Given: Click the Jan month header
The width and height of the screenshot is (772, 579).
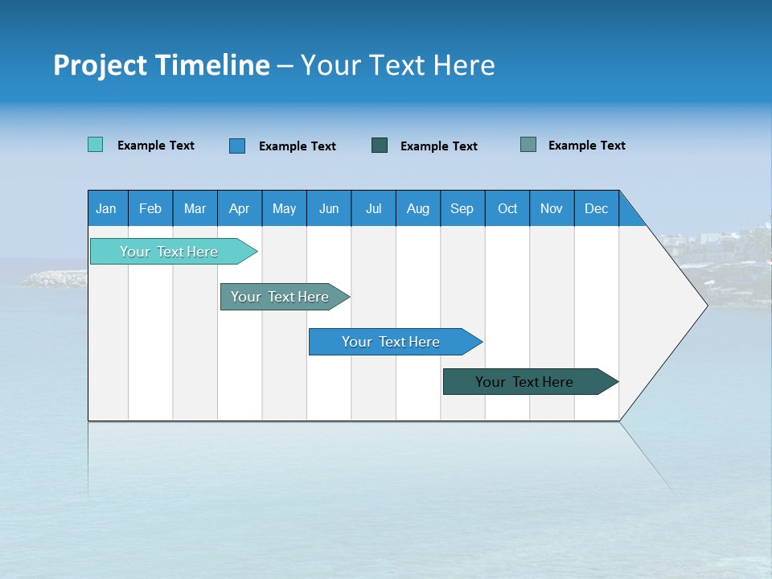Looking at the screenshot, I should click(x=107, y=208).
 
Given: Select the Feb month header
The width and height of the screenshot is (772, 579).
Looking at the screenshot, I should click(x=150, y=208).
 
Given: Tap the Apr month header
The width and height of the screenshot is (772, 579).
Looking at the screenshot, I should click(x=240, y=208).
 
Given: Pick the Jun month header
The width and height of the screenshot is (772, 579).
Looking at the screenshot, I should click(x=329, y=208).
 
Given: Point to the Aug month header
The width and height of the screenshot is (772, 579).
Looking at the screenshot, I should click(x=418, y=208).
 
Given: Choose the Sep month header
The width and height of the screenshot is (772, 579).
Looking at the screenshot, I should click(x=462, y=208).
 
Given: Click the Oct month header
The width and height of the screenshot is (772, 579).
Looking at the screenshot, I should click(x=507, y=208).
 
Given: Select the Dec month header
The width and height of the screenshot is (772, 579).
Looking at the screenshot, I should click(x=597, y=208).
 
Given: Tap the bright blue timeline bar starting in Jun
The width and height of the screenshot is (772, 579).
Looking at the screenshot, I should click(x=392, y=342).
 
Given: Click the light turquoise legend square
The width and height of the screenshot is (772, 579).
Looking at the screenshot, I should click(x=96, y=145).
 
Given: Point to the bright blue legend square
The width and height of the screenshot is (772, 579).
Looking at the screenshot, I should click(x=237, y=146).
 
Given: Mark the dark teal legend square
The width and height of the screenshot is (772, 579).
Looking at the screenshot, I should click(x=380, y=146).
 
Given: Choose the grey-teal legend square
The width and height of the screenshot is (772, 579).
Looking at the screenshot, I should click(x=528, y=145).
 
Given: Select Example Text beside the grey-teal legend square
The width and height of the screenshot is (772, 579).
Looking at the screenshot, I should click(x=586, y=146).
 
